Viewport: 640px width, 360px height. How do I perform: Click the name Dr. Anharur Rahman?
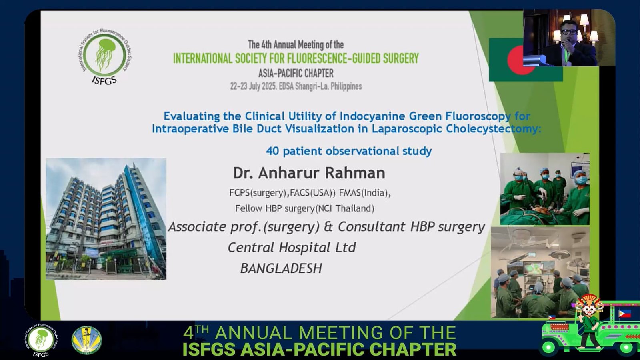click(x=309, y=173)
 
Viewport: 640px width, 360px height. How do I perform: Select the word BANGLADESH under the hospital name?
click(x=281, y=268)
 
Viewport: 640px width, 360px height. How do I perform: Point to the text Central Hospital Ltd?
click(x=292, y=248)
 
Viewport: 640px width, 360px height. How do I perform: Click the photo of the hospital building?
click(x=106, y=219)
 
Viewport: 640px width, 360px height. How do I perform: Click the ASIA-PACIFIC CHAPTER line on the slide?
click(x=296, y=74)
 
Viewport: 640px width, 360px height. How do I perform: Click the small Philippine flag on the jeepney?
click(x=624, y=314)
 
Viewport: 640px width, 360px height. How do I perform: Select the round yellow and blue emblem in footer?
click(x=86, y=340)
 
